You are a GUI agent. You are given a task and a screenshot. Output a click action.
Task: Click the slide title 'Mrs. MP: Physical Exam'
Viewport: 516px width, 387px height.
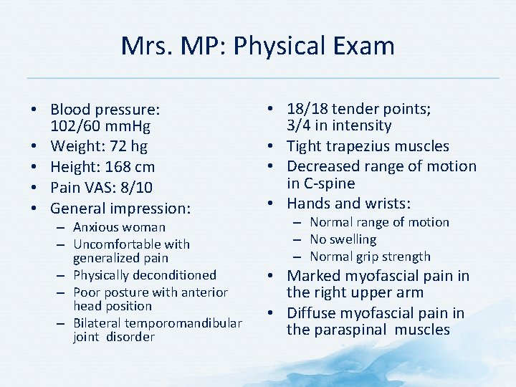tap(258, 46)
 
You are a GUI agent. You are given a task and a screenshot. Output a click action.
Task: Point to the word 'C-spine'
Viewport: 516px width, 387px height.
tap(330, 183)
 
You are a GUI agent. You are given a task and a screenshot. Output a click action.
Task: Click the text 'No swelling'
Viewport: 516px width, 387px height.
tap(343, 239)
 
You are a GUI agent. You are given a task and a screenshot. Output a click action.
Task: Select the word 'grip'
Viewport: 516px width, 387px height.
tap(367, 257)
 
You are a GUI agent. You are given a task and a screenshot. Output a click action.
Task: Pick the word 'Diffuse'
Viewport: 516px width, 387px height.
tap(313, 313)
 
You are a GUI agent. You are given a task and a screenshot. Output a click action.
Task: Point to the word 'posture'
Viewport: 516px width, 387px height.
tap(127, 292)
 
